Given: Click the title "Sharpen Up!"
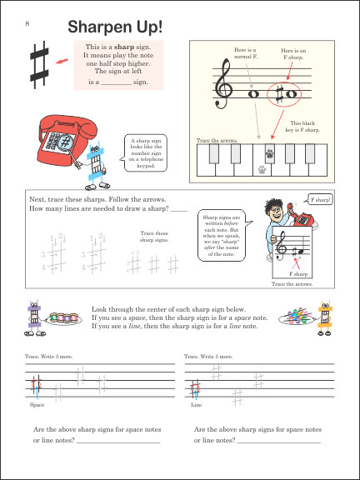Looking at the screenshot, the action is pyautogui.click(x=115, y=28).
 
